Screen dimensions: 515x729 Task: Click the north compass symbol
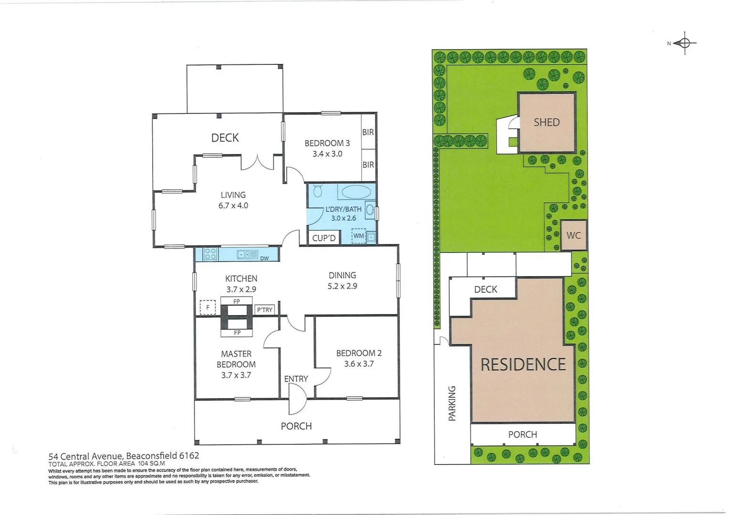click(x=684, y=43)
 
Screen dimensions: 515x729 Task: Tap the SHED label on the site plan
click(x=546, y=123)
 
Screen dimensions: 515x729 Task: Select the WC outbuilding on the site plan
click(x=573, y=235)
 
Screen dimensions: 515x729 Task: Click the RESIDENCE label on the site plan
click(x=523, y=365)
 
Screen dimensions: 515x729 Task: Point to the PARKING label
click(x=452, y=403)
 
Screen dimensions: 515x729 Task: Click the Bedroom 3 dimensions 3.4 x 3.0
click(x=327, y=154)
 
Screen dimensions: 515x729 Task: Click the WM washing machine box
click(x=358, y=236)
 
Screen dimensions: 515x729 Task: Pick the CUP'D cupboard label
click(x=324, y=238)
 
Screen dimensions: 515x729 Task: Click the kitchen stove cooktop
click(x=210, y=254)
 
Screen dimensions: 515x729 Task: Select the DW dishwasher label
click(x=264, y=258)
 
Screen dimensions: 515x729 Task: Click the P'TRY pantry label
click(x=265, y=310)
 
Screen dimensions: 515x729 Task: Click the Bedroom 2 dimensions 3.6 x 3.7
click(x=359, y=364)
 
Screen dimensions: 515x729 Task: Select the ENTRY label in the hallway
click(x=296, y=379)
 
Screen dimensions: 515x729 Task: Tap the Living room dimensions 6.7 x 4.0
click(x=233, y=206)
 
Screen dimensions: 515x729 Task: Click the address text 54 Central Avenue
click(x=86, y=455)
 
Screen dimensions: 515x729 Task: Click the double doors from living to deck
click(x=258, y=162)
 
